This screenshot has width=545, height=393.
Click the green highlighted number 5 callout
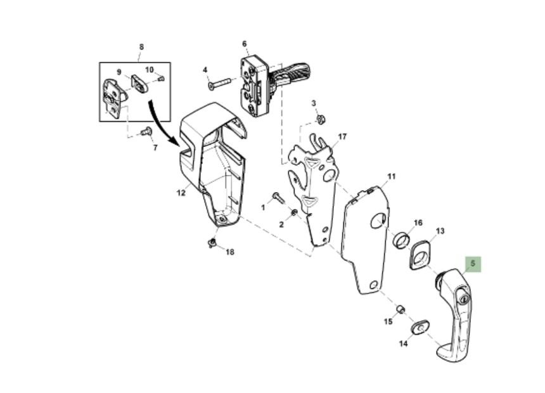pyautogui.click(x=473, y=264)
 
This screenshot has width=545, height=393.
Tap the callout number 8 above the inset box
pyautogui.click(x=141, y=47)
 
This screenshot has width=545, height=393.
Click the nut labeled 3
pyautogui.click(x=321, y=120)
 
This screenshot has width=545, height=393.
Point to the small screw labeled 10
pyautogui.click(x=160, y=79)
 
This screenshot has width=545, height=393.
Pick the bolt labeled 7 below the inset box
pyautogui.click(x=147, y=131)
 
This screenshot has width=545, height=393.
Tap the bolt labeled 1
pyautogui.click(x=278, y=197)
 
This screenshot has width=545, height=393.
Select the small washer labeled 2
pyautogui.click(x=293, y=212)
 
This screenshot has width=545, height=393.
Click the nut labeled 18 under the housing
pyautogui.click(x=212, y=242)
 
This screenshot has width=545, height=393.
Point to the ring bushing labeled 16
pyautogui.click(x=401, y=240)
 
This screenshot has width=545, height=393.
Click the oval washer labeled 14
pyautogui.click(x=420, y=326)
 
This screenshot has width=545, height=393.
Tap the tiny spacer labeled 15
pyautogui.click(x=401, y=309)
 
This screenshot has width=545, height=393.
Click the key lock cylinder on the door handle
pyautogui.click(x=463, y=299)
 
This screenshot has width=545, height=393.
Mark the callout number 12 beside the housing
pyautogui.click(x=181, y=193)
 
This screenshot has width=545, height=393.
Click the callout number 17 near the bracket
pyautogui.click(x=342, y=137)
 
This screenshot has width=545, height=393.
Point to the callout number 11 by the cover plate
pyautogui.click(x=392, y=177)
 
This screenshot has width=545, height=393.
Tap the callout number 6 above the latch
pyautogui.click(x=245, y=44)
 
